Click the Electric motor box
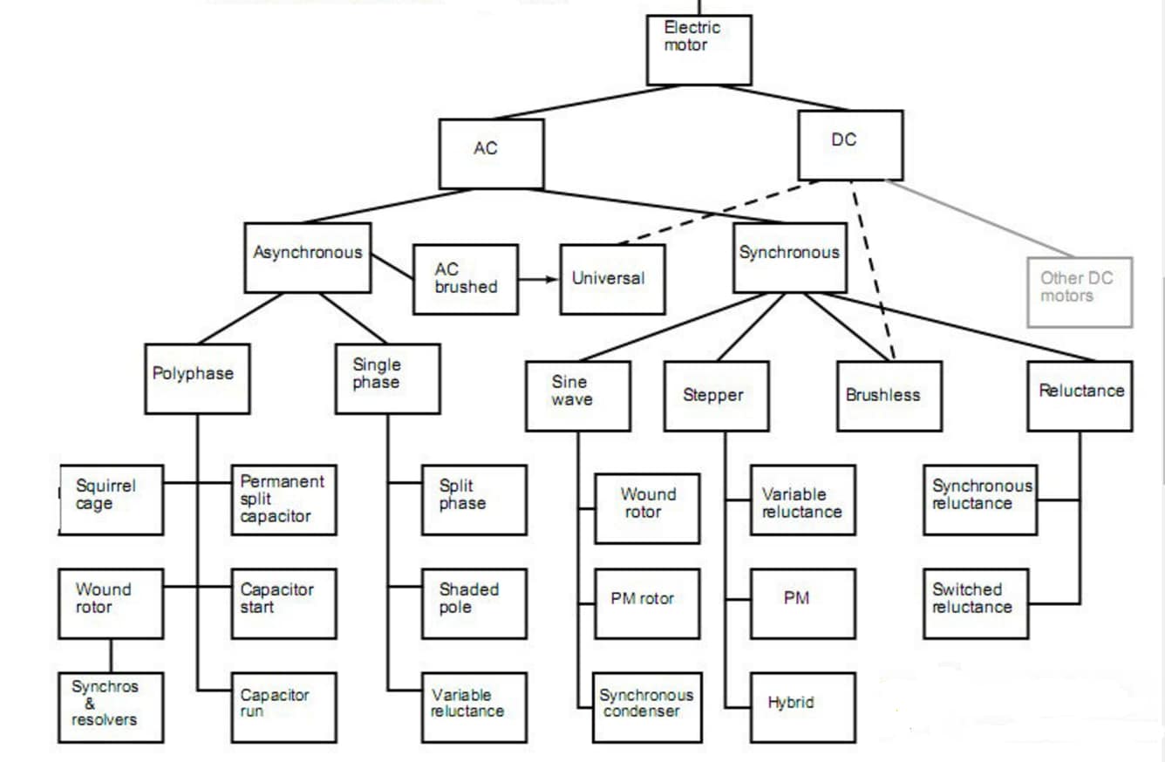(698, 50)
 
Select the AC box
(491, 153)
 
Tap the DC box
(850, 145)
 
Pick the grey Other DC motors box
(1080, 291)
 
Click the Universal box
(612, 279)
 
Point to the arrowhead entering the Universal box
(553, 279)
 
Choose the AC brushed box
(465, 279)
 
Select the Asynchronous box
(308, 257)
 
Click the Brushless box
(889, 396)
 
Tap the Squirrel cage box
(111, 500)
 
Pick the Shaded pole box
(473, 603)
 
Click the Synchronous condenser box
(645, 707)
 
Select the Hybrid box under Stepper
(802, 707)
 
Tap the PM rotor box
(647, 603)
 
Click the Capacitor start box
(283, 603)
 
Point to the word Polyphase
(193, 374)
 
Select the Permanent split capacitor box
(283, 500)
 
